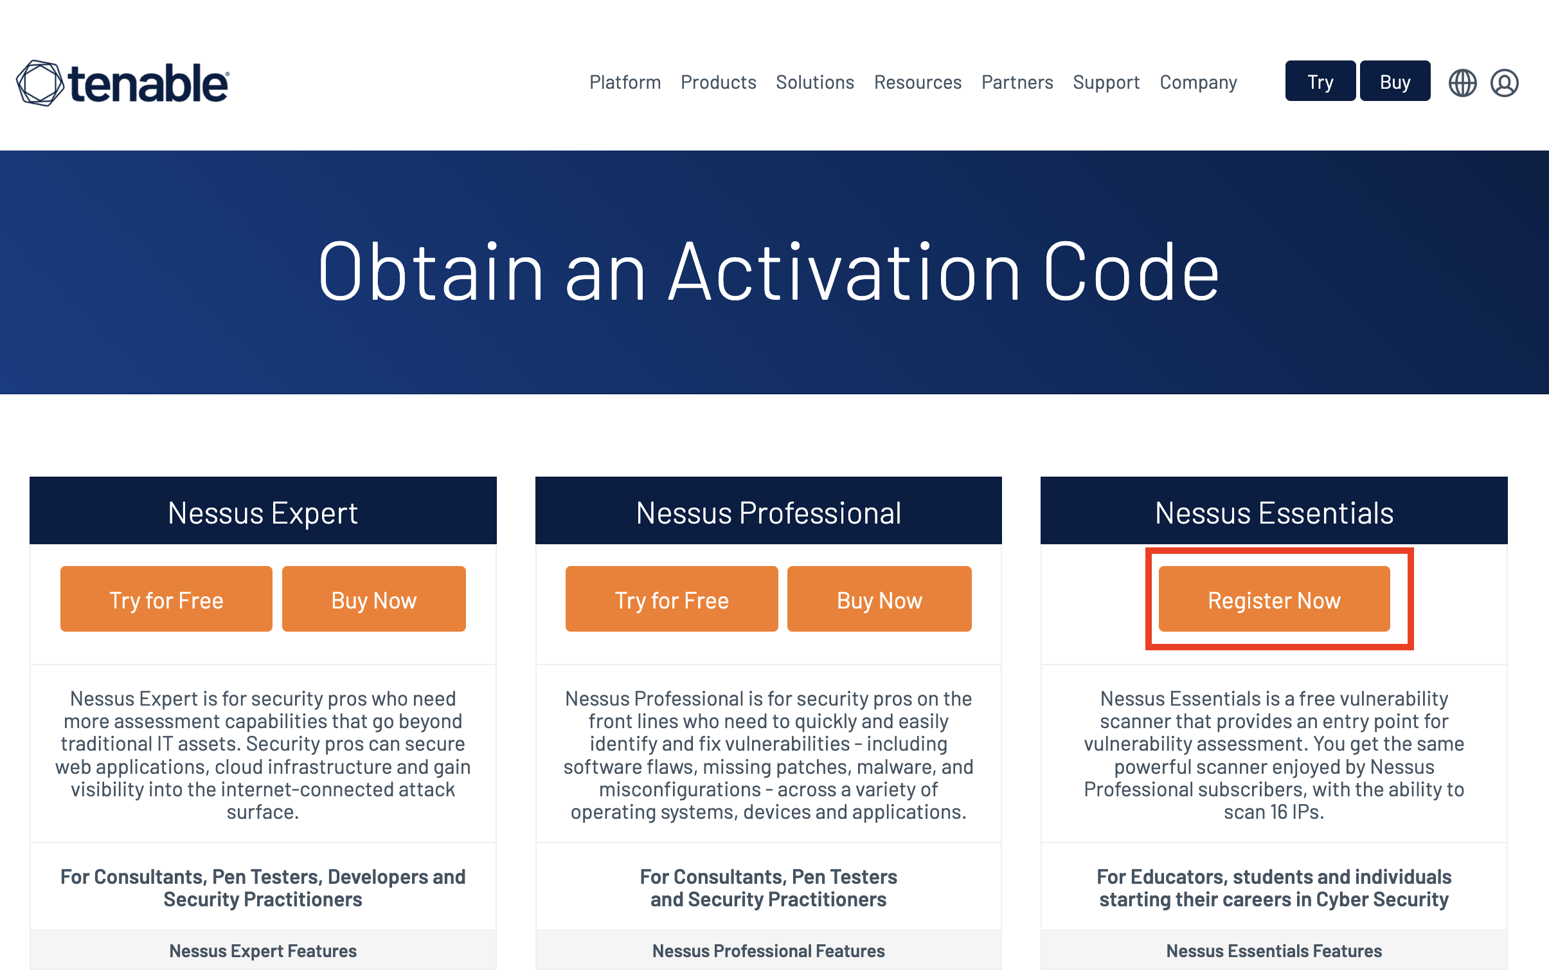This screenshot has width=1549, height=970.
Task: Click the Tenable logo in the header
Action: coord(122,83)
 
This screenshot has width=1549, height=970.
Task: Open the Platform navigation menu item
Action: coord(625,82)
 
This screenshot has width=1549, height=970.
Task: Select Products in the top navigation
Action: coord(718,82)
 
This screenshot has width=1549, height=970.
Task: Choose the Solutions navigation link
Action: coord(814,82)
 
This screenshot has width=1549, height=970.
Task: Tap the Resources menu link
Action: coord(917,82)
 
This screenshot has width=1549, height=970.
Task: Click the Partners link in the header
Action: coord(1017,82)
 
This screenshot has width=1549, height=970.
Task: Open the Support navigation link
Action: coord(1106,83)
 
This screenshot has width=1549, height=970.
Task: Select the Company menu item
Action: coord(1198,83)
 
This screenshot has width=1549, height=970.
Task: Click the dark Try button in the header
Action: coord(1320,81)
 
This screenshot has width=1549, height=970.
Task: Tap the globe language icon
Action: coord(1462,83)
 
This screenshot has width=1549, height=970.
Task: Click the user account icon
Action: coord(1504,83)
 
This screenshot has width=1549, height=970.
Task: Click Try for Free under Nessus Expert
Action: coord(166,599)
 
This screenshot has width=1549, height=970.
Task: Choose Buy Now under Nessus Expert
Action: coord(374,599)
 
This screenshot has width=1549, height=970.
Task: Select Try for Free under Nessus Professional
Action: coord(672,599)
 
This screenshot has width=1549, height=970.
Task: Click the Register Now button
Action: coord(1274,599)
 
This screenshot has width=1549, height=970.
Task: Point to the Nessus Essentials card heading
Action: coord(1274,513)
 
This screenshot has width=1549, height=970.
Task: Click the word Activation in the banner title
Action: coord(845,271)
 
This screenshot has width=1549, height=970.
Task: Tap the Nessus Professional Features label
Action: coord(768,951)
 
